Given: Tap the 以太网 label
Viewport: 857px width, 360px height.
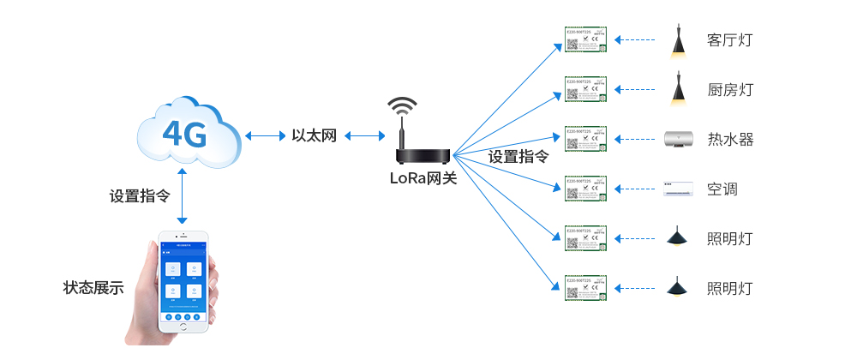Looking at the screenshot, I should click(314, 135).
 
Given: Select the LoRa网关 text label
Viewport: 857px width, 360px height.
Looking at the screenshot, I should click(423, 178).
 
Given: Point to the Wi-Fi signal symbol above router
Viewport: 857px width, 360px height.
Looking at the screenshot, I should click(402, 108).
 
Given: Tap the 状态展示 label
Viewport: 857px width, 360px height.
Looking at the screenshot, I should click(93, 288).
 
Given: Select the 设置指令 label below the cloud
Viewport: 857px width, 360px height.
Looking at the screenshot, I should click(138, 195).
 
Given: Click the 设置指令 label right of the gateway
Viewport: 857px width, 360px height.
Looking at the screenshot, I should click(518, 157).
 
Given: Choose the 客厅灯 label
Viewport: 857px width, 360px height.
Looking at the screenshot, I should click(730, 40).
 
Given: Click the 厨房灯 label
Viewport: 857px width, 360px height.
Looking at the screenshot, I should click(730, 90).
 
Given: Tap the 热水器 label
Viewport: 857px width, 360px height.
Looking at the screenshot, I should click(730, 139).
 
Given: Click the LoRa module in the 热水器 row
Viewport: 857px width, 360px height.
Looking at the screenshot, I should click(585, 139).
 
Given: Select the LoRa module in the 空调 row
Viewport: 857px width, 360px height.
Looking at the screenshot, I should click(585, 189).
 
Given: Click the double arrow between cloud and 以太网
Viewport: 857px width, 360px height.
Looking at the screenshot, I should click(265, 135).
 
